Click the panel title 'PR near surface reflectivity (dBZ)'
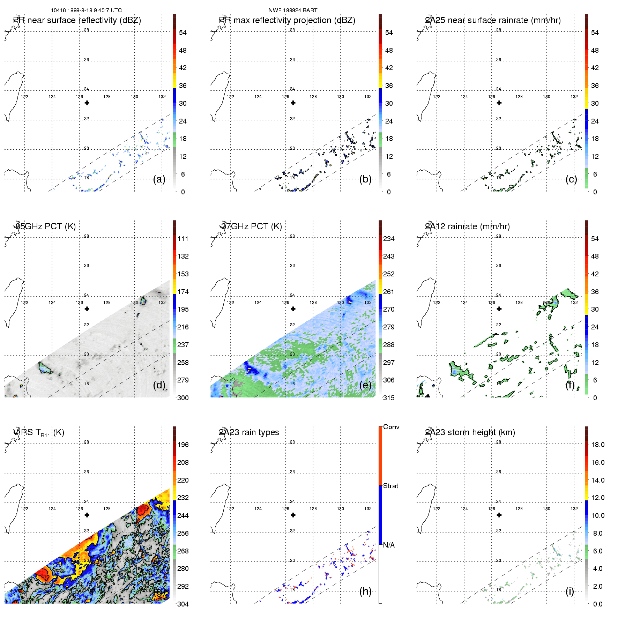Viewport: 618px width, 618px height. tap(77, 20)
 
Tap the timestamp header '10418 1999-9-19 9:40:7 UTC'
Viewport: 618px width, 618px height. tap(86, 10)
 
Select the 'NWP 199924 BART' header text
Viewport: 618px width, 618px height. tap(293, 10)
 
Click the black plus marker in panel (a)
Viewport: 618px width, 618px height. tap(87, 103)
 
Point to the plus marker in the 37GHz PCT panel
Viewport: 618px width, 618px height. tap(293, 309)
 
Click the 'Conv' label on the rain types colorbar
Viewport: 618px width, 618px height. tap(391, 427)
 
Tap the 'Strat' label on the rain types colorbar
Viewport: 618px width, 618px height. tap(390, 486)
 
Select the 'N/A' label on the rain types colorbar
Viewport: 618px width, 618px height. tap(389, 545)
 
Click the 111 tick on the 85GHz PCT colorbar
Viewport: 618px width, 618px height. tap(183, 239)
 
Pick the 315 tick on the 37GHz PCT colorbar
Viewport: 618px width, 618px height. tap(389, 398)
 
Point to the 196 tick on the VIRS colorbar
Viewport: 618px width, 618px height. tap(183, 445)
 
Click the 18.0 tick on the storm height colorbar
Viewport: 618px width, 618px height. tap(598, 445)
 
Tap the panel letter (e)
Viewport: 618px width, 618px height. tap(365, 385)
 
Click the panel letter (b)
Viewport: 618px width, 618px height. tap(365, 179)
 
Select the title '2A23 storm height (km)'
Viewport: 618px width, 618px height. tap(470, 432)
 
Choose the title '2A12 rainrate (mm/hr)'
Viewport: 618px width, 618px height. tap(467, 226)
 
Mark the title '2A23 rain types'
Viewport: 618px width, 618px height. tap(249, 432)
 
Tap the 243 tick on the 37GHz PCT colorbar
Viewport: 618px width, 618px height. tap(389, 256)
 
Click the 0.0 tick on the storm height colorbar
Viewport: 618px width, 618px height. tap(598, 604)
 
